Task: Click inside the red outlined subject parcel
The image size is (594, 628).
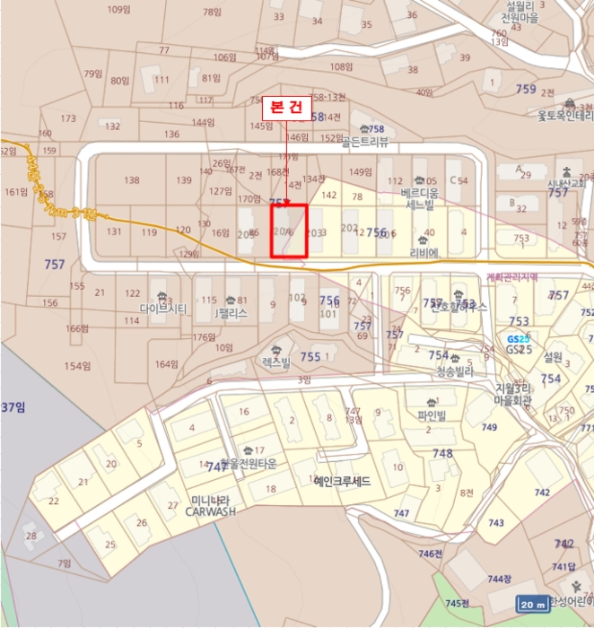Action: (x=289, y=231)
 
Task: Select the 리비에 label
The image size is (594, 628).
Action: (x=423, y=253)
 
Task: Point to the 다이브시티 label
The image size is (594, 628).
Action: (x=163, y=310)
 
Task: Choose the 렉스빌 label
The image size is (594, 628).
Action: (x=276, y=362)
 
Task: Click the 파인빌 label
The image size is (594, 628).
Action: (x=432, y=415)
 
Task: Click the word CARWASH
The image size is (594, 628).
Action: (x=210, y=511)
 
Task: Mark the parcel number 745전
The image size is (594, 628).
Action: (x=458, y=603)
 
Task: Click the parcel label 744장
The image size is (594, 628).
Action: (x=499, y=580)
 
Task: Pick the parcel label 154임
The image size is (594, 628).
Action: (x=77, y=366)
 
